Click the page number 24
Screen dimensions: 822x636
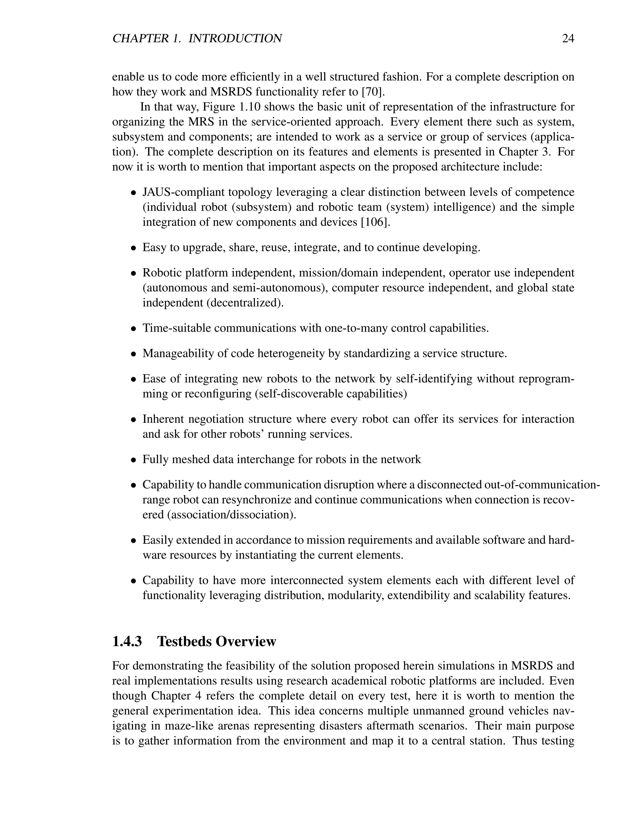point(568,39)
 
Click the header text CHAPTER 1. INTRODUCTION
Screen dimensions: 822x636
point(197,39)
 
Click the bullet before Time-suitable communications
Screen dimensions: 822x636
point(133,328)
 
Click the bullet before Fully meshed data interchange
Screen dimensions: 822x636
point(133,460)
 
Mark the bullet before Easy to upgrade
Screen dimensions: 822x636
point(133,248)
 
